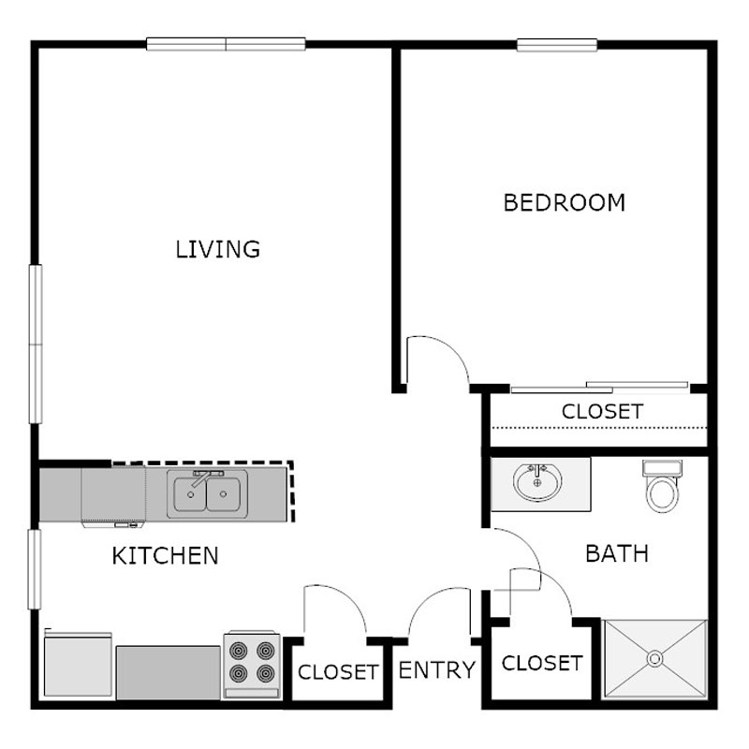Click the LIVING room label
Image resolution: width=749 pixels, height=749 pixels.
[217, 249]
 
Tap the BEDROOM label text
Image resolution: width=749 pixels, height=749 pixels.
[564, 202]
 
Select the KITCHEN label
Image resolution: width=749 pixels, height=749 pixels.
[165, 555]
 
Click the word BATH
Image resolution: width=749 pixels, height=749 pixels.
[616, 553]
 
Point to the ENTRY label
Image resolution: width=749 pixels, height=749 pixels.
[437, 670]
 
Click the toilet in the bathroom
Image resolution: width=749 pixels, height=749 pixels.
[662, 488]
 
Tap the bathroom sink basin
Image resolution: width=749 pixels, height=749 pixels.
[537, 483]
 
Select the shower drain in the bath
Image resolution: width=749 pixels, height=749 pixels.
[655, 659]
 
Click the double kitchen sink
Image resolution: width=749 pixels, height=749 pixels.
[208, 495]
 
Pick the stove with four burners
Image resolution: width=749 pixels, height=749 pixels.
[251, 663]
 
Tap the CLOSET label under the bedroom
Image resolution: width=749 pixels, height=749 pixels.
[602, 411]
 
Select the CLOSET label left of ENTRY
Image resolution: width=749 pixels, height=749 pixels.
[338, 672]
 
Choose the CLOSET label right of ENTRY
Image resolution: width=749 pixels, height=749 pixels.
[542, 663]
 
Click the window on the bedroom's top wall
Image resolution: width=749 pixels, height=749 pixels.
[557, 44]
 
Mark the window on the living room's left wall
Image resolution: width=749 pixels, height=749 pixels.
[36, 344]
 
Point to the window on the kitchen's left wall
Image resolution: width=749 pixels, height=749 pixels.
[36, 568]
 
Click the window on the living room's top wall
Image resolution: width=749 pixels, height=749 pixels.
[226, 43]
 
